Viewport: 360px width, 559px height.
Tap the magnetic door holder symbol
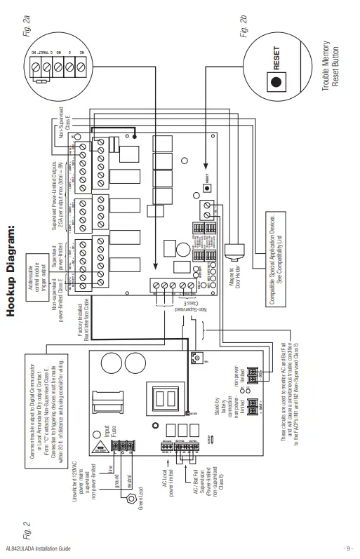pyautogui.click(x=233, y=249)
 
